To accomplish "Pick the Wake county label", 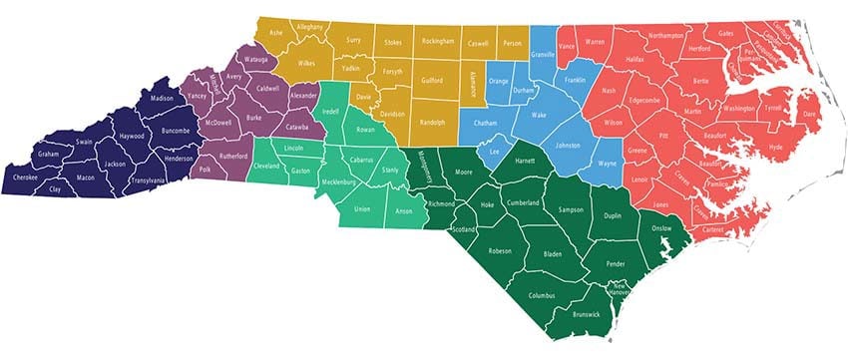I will tap(539, 116).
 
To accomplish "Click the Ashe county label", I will tap(277, 32).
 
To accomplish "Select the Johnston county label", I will tap(567, 146).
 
